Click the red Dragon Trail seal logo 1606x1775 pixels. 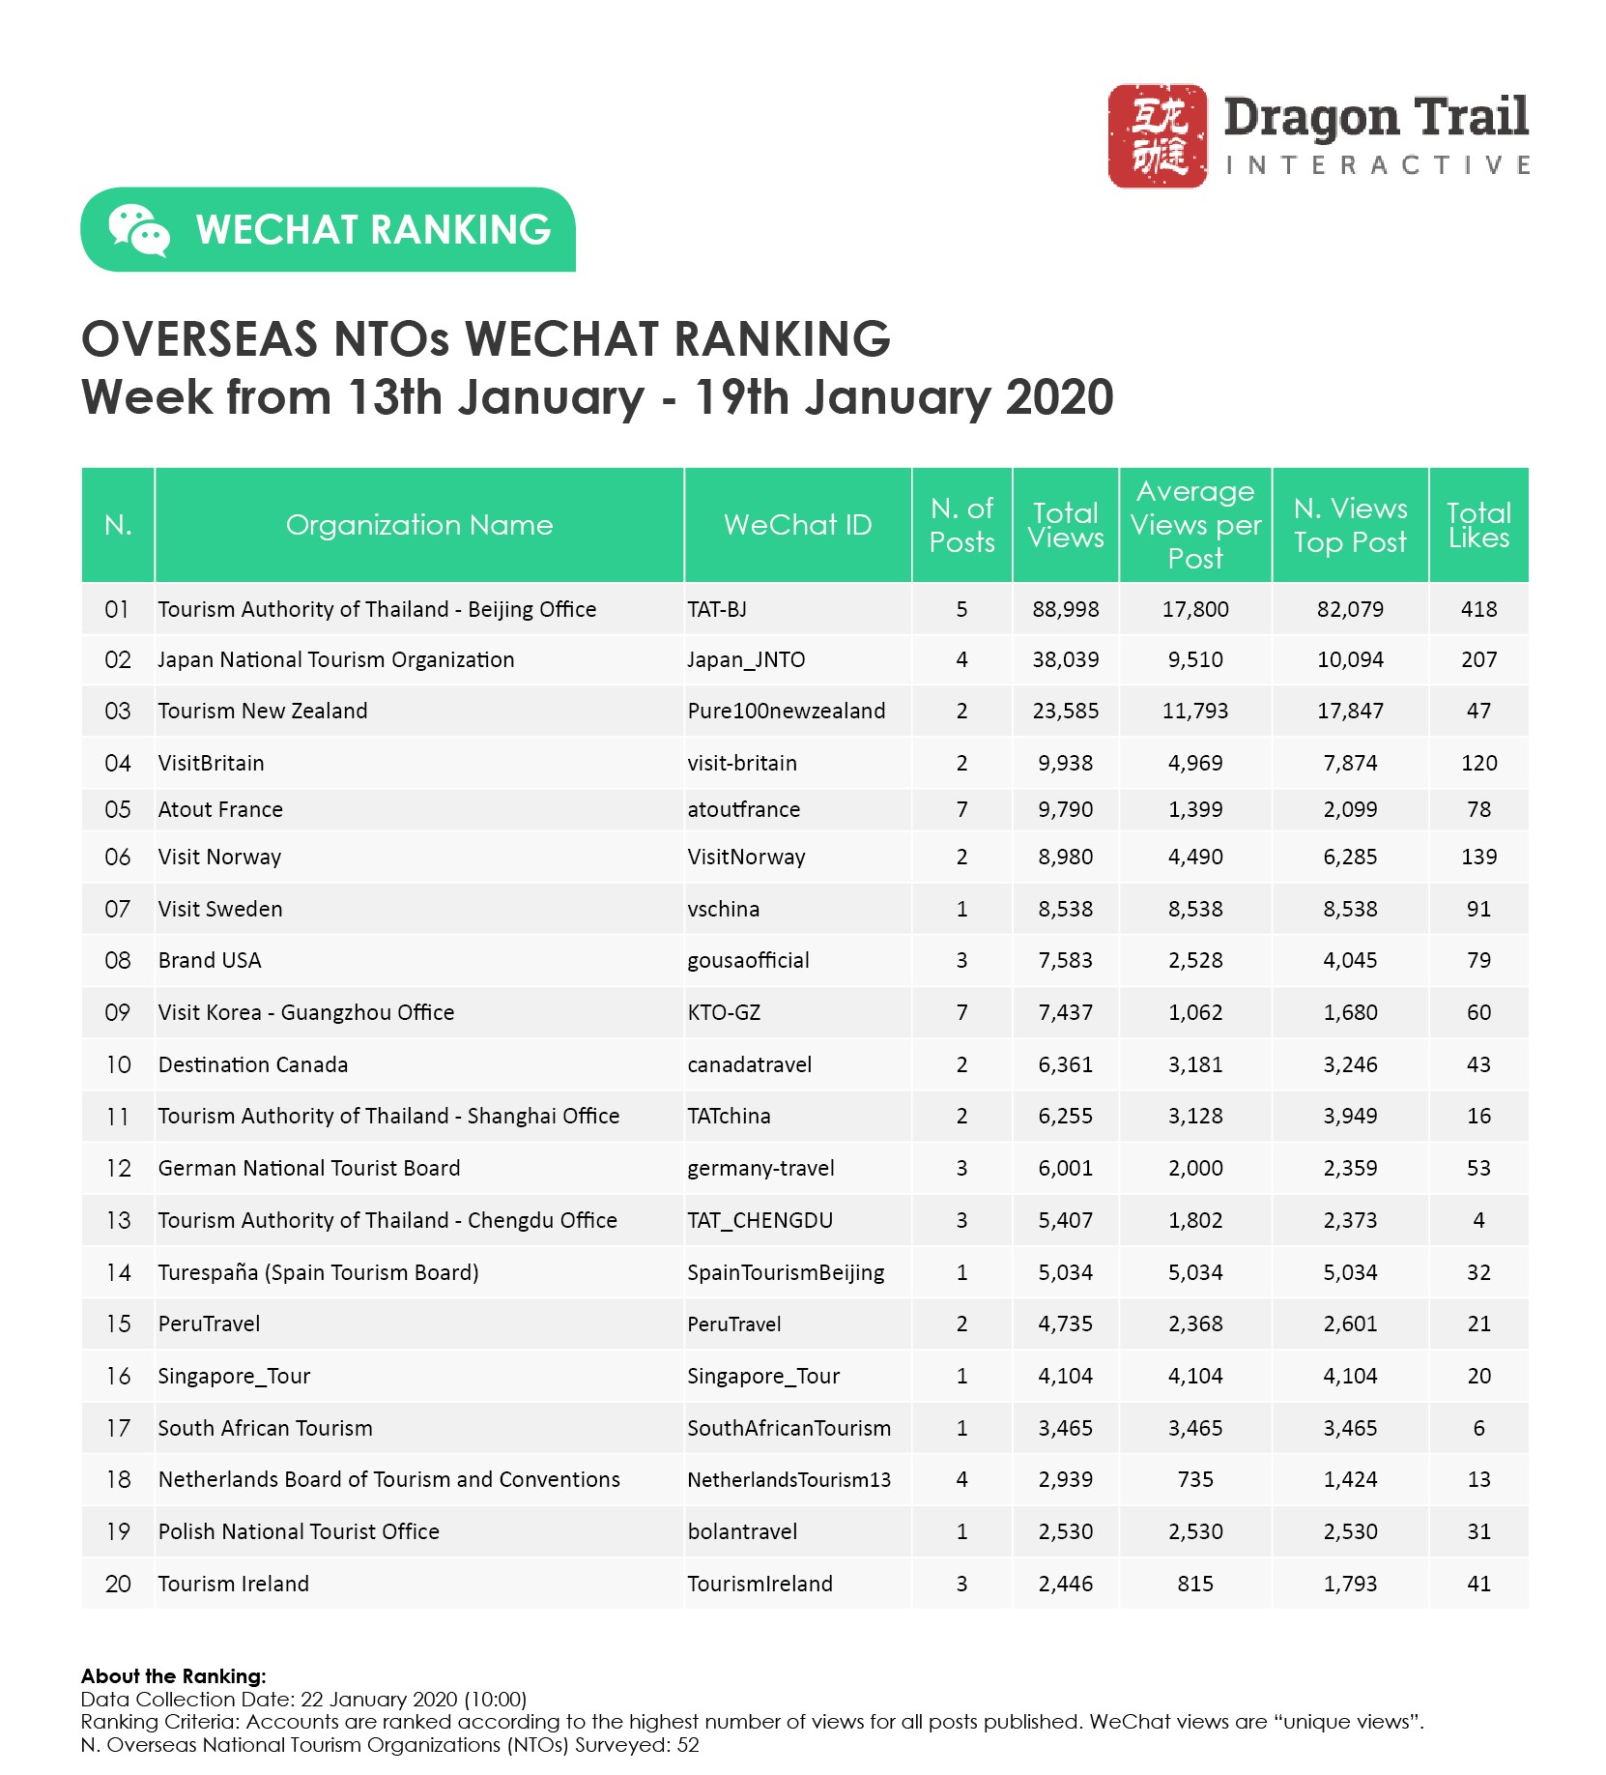[x=1157, y=135]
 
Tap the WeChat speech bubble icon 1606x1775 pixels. [x=138, y=230]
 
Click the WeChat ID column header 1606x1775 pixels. [x=797, y=525]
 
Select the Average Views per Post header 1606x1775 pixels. [x=1195, y=525]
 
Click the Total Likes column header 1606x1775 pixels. [x=1477, y=525]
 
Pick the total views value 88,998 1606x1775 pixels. [x=1065, y=609]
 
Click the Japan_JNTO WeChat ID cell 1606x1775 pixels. [x=746, y=659]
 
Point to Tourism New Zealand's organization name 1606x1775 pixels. [x=263, y=711]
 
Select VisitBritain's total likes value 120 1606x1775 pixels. [x=1478, y=763]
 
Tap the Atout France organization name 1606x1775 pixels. [x=220, y=809]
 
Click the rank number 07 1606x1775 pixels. [x=117, y=909]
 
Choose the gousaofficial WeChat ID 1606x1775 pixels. [x=748, y=960]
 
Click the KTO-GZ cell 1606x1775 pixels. [x=724, y=1012]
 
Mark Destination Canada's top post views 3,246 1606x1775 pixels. [x=1350, y=1064]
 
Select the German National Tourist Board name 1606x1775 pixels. [x=309, y=1168]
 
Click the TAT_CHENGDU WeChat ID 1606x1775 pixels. [x=760, y=1220]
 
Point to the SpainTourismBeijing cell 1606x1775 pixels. [x=786, y=1272]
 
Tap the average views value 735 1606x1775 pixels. [x=1195, y=1479]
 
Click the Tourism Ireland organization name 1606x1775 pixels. [x=234, y=1584]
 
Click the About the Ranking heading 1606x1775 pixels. [x=174, y=1676]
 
